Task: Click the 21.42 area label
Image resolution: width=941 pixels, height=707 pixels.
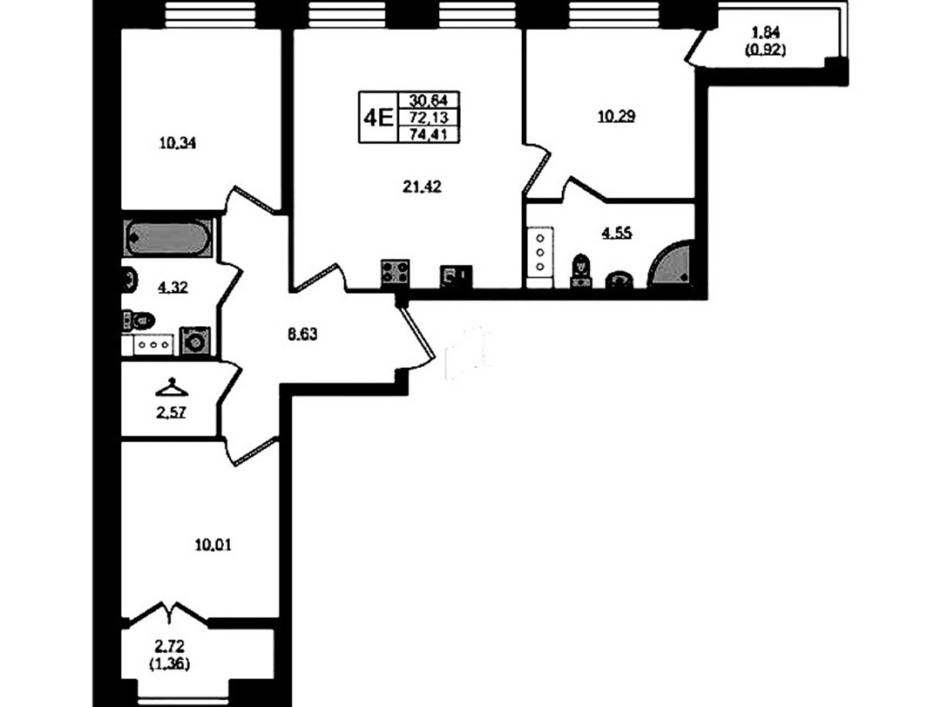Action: point(422,187)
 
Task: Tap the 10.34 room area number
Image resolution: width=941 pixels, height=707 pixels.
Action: point(179,143)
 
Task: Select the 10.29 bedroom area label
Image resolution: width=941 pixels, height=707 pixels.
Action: point(616,116)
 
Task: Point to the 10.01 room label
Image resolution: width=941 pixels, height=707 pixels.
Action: point(213,545)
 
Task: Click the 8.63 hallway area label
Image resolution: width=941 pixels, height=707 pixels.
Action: point(301,334)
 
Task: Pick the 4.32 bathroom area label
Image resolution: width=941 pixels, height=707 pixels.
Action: point(173,288)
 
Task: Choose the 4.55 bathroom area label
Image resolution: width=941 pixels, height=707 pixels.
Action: point(617,233)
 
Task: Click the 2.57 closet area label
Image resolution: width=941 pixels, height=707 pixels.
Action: point(171,412)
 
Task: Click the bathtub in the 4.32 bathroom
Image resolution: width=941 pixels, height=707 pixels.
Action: point(168,239)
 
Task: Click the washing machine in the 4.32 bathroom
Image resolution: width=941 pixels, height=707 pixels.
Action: point(195,341)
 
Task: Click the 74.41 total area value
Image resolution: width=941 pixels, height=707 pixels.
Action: point(429,134)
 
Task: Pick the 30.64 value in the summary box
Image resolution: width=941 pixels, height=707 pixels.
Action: point(429,99)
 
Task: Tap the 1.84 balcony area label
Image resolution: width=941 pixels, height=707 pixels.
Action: point(766,31)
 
